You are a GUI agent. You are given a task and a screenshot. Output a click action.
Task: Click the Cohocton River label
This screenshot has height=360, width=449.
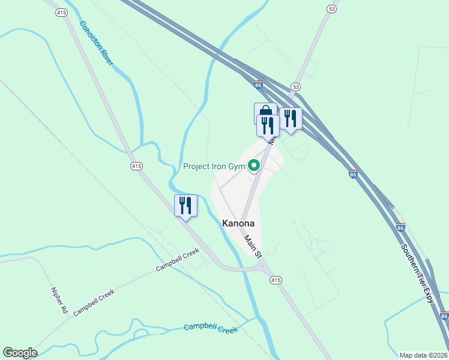pos(96,44)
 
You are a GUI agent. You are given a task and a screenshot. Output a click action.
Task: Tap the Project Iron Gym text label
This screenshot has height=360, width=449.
pos(215,166)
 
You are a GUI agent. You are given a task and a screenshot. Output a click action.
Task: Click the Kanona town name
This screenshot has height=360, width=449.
pos(238,223)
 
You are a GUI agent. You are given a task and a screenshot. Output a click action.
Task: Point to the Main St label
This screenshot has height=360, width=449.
pos(253,247)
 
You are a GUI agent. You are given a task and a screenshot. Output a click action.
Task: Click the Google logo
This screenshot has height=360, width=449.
pos(20,353)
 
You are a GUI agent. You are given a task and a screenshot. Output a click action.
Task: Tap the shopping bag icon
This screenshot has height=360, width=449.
pos(265,112)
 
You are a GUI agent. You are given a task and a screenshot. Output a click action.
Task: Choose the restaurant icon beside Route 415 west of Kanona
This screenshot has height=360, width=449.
pos(186,206)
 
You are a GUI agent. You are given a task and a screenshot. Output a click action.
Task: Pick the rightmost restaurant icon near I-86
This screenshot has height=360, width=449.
pos(291,119)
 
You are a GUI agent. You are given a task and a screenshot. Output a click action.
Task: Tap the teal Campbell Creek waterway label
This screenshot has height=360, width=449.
pos(211,328)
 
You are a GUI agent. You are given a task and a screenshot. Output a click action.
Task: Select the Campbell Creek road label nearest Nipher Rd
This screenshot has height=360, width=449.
pos(94,302)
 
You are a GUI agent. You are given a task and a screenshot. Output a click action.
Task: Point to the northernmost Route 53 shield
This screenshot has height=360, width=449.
pos(331,9)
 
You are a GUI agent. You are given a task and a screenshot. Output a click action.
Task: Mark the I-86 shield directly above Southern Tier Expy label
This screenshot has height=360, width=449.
pos(400,227)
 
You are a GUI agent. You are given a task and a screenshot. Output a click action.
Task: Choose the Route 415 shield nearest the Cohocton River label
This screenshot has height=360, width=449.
pos(61,12)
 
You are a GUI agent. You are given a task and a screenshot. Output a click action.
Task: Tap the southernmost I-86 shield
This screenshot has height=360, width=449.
pos(444,316)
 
